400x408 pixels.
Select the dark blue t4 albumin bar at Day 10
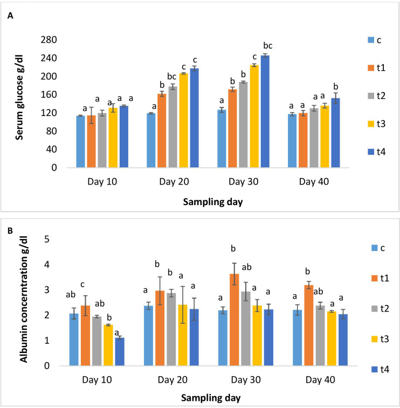coord(119,352)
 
